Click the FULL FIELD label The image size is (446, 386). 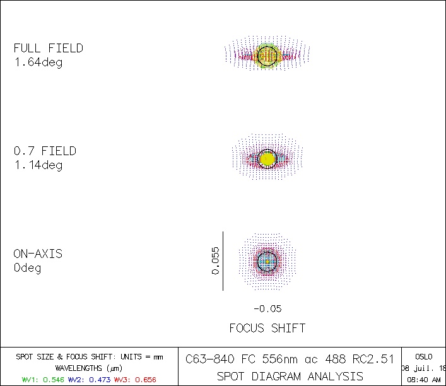pos(48,49)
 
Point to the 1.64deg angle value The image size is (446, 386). pos(38,62)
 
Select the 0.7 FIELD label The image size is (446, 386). pos(45,151)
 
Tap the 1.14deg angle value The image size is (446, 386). pos(38,165)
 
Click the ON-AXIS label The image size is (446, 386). pos(38,254)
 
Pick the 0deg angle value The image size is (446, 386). pos(27,268)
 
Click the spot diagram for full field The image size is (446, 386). pos(267,55)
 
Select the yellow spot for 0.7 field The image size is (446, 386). pos(267,158)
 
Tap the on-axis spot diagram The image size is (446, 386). pos(267,260)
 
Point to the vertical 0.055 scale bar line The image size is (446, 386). pos(223,260)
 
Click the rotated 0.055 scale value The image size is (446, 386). pos(215,260)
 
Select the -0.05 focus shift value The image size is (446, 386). pos(267,309)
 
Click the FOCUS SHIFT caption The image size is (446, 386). pos(267,328)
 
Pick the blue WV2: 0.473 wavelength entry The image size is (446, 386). pos(90,380)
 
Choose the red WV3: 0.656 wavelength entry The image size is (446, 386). pos(135,380)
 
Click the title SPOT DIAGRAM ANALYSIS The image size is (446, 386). pos(290,377)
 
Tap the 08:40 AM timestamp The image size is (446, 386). pos(424,380)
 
